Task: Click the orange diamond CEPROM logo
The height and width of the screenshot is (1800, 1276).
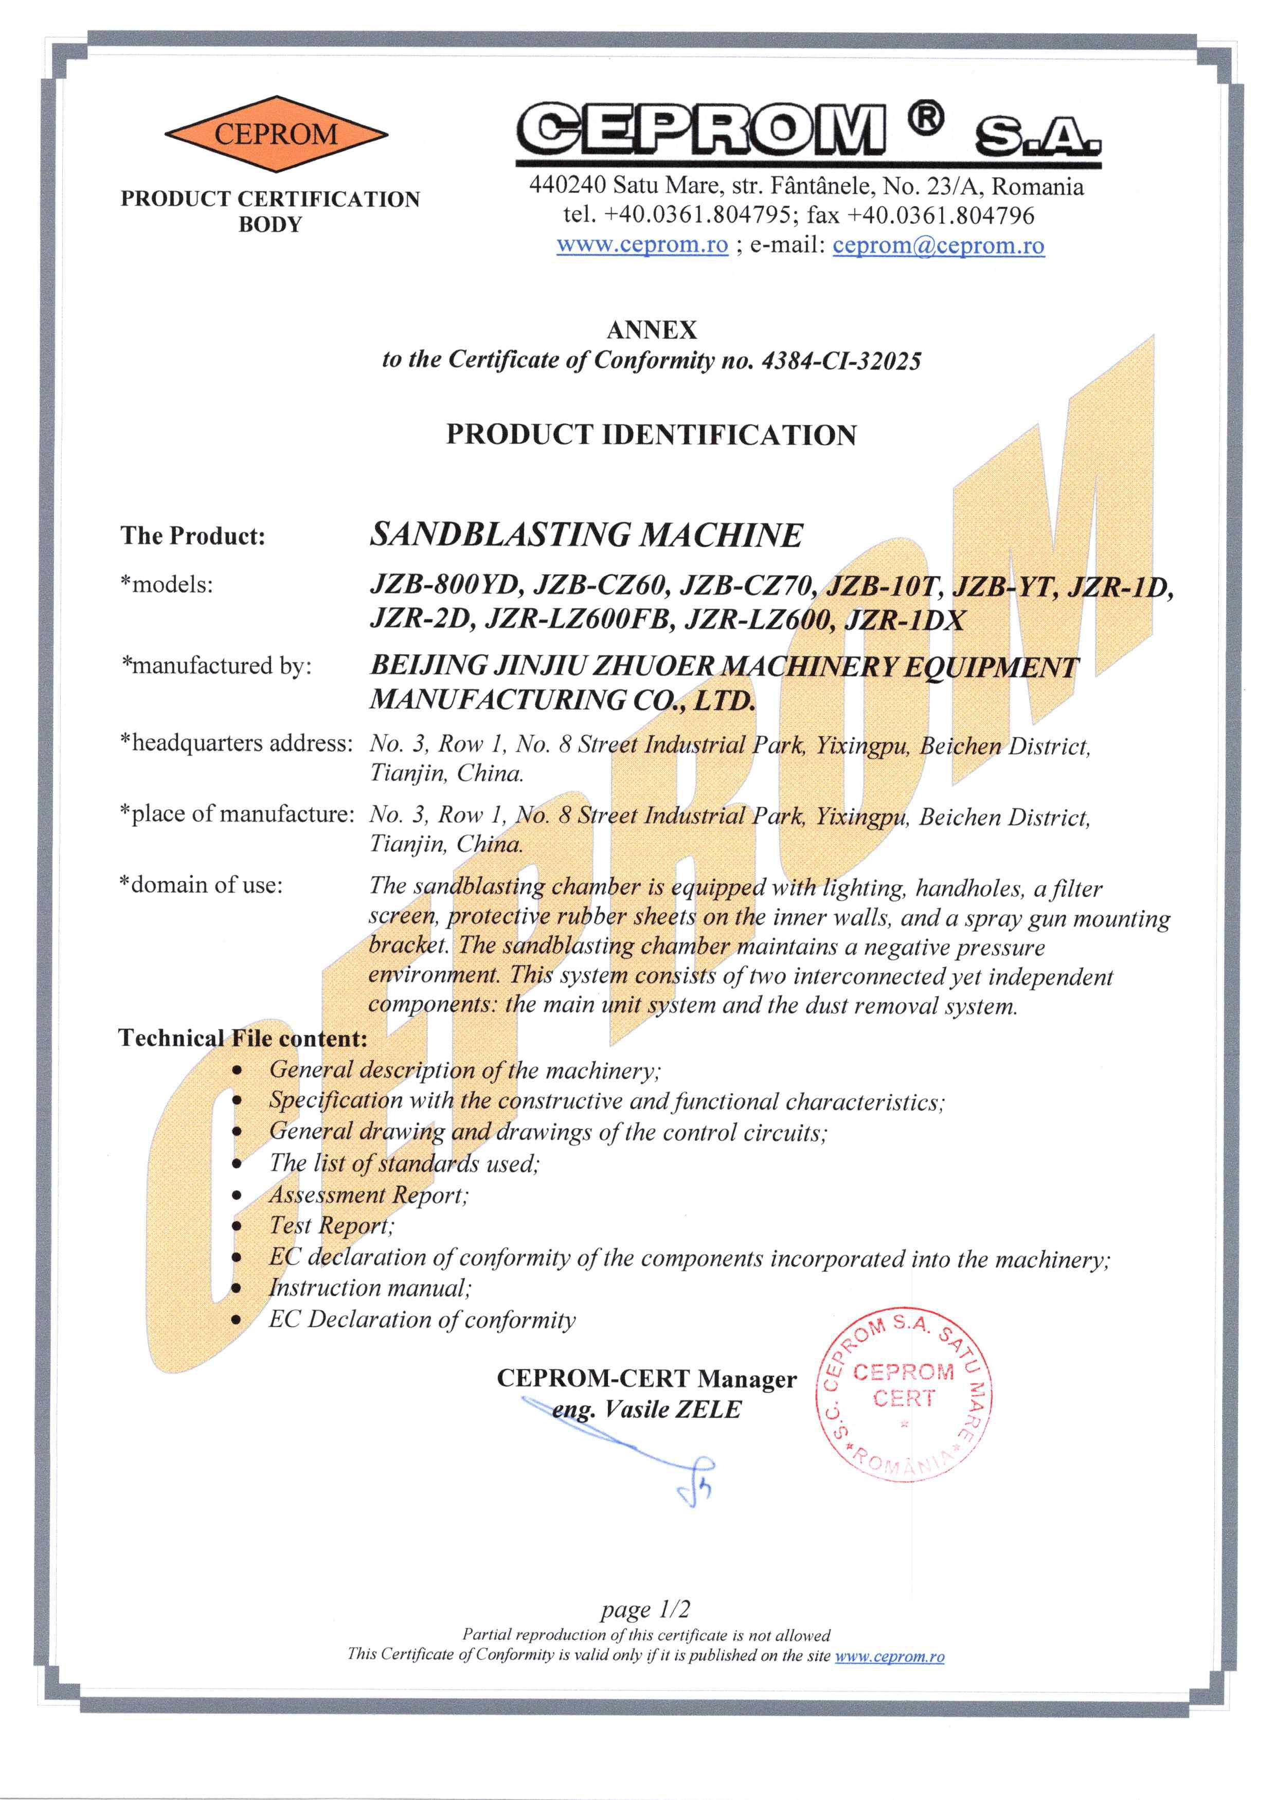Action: click(x=276, y=134)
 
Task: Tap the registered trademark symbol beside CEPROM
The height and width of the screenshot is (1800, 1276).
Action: click(x=926, y=120)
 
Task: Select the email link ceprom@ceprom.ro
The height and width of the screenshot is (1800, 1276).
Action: click(x=938, y=246)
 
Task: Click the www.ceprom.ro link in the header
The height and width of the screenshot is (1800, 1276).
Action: click(x=642, y=245)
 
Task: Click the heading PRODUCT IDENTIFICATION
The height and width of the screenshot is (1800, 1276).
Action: click(x=651, y=435)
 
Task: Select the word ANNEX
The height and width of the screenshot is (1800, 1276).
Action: click(x=651, y=330)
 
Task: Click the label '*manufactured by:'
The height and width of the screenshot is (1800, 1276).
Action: click(x=216, y=666)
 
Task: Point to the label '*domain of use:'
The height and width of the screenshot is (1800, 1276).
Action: click(x=201, y=885)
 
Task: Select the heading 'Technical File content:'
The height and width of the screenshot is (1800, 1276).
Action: click(x=243, y=1039)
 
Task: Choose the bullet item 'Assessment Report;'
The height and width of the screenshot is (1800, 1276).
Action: click(x=368, y=1195)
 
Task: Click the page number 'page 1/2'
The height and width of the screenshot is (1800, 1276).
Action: click(x=645, y=1610)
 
